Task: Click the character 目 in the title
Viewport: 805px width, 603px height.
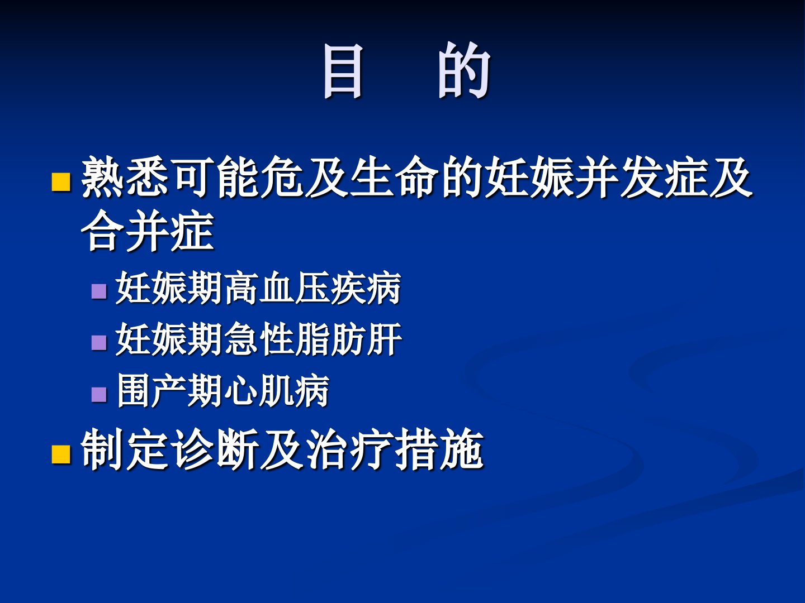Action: [343, 71]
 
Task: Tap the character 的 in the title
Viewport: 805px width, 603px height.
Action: [465, 70]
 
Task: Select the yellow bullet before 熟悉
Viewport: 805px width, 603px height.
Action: [61, 182]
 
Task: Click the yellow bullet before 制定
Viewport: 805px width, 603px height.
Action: [61, 454]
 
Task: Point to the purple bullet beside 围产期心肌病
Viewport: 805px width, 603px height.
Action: [99, 394]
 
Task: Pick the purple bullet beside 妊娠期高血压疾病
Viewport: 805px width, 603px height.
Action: [99, 292]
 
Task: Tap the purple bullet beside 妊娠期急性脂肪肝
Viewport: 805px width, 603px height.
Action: [99, 343]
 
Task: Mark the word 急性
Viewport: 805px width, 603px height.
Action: [259, 339]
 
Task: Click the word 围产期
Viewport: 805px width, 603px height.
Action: [170, 391]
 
